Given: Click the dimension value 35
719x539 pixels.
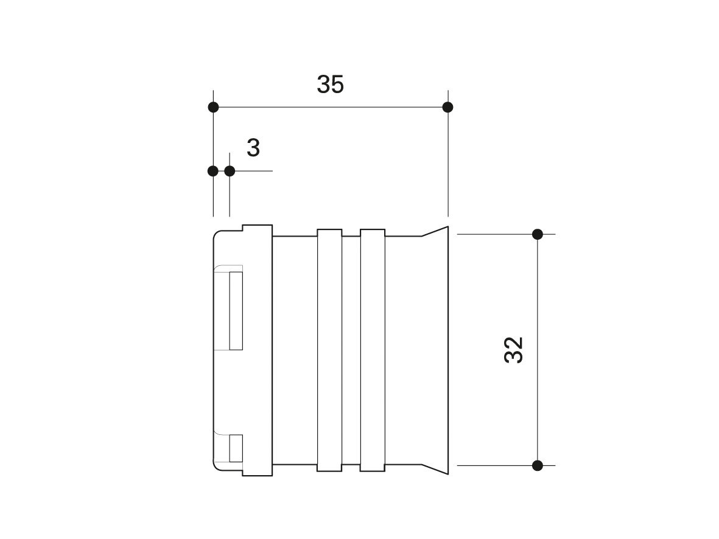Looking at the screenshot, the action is [x=330, y=85].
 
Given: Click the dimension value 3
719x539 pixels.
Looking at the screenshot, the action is [x=253, y=148].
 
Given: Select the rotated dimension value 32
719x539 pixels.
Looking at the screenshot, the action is [x=514, y=350].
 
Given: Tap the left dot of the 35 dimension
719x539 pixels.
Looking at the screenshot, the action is [x=213, y=107].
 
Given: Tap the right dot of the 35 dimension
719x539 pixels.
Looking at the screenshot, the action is [x=448, y=107].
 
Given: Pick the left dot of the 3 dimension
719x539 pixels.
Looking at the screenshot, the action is [x=212, y=171].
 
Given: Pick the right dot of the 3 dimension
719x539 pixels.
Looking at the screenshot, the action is [x=230, y=171].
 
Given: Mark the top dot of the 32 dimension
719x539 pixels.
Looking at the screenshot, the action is [x=538, y=234].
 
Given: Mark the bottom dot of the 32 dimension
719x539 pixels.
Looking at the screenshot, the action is [x=538, y=465].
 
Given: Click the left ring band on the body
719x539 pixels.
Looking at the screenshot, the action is [x=329, y=350].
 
